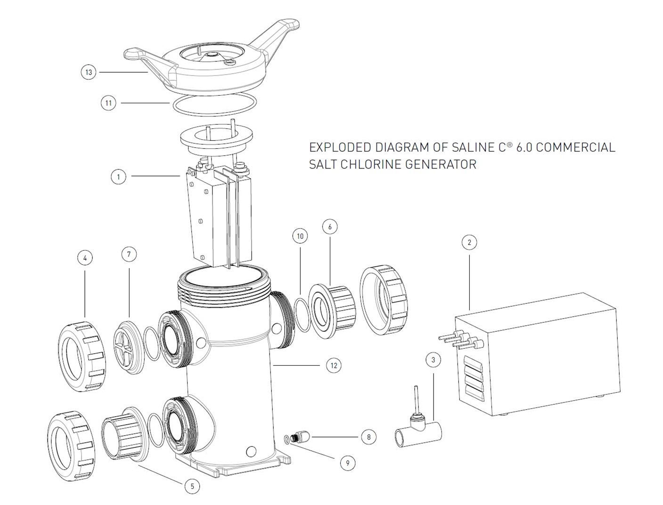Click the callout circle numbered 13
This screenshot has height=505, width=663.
point(89,72)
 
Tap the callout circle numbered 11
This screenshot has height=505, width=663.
point(108,103)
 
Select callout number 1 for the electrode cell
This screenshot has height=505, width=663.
point(118,177)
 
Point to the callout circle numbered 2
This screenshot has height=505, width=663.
point(469,242)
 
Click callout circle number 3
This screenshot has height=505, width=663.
point(433,360)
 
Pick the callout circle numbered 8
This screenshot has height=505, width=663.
point(368,437)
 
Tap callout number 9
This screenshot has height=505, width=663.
point(348,463)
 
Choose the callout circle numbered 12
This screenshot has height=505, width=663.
point(334,366)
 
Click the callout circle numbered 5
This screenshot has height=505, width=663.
point(192,486)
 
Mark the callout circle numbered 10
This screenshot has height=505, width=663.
point(300,236)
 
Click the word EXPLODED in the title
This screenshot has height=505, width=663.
point(340,147)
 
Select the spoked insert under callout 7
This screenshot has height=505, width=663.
point(128,348)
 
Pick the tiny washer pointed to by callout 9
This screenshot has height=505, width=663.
point(286,438)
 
